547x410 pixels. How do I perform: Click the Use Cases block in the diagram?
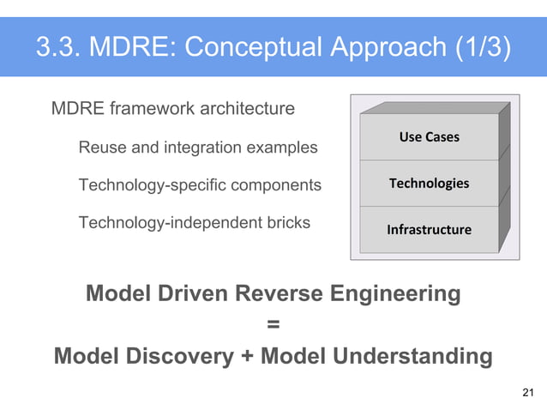pos(429,137)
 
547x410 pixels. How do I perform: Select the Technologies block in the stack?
pos(429,184)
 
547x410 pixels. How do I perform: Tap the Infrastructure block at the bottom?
pos(429,230)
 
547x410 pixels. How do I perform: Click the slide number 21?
pos(528,393)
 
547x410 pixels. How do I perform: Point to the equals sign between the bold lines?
pos(273,325)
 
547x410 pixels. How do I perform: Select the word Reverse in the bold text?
pos(276,294)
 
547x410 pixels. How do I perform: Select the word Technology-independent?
pos(165,223)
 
